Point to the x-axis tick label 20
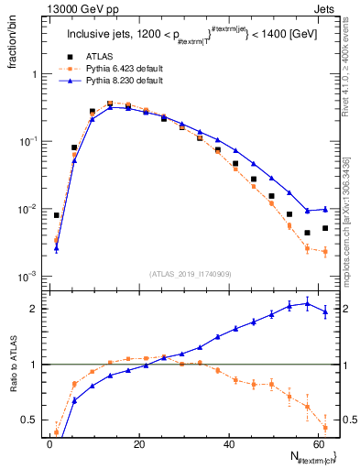pyautogui.click(x=138, y=444)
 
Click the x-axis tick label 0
pyautogui.click(x=49, y=444)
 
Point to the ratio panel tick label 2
pyautogui.click(x=34, y=309)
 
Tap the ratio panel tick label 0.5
pyautogui.click(x=30, y=420)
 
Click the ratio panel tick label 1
pyautogui.click(x=34, y=365)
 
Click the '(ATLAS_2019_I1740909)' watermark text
pyautogui.click(x=190, y=274)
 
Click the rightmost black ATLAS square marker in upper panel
pyautogui.click(x=325, y=228)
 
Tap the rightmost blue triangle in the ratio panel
pyautogui.click(x=325, y=312)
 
